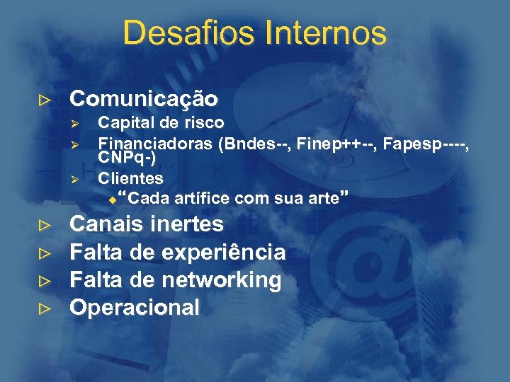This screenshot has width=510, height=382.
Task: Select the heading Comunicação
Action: [143, 98]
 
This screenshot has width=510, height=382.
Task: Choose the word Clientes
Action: [130, 178]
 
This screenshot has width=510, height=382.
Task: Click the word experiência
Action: [224, 253]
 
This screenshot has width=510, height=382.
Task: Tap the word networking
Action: [221, 280]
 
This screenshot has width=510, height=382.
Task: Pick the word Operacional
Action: [135, 308]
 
